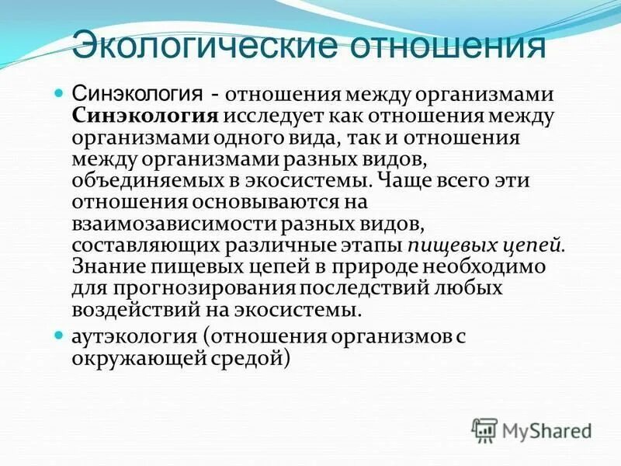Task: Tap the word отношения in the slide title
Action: pos(448,44)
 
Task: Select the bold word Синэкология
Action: pos(145,116)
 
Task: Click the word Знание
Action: pos(108,267)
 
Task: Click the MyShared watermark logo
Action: pos(533,429)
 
